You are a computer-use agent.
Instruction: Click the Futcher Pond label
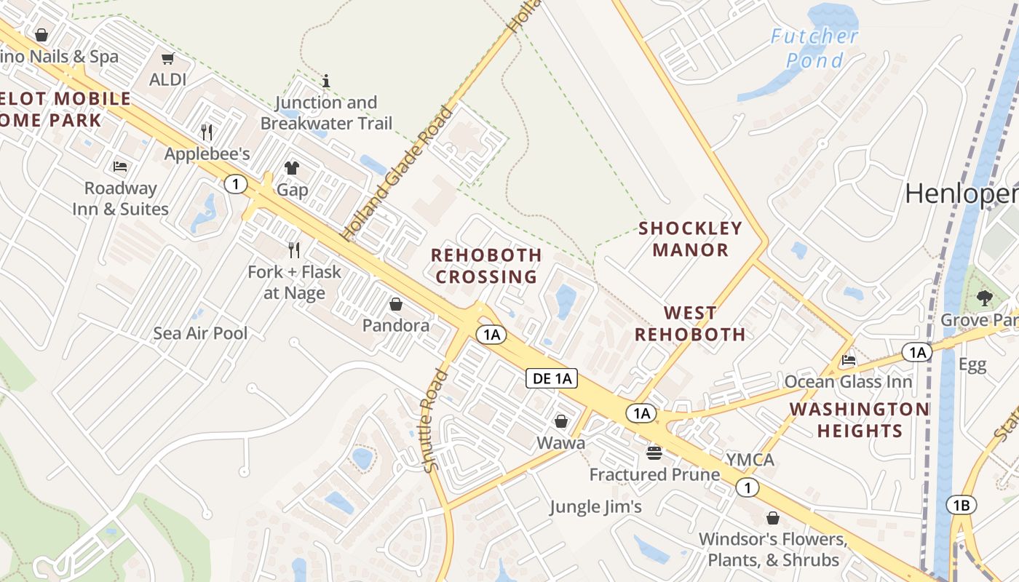click(814, 47)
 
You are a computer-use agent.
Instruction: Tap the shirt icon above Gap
click(292, 168)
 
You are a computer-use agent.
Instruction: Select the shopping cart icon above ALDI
click(168, 58)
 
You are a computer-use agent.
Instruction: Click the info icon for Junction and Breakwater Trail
click(326, 81)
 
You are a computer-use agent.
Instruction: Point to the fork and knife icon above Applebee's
click(207, 132)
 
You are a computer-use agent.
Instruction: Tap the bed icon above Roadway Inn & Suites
click(120, 167)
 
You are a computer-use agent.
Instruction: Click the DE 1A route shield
click(551, 378)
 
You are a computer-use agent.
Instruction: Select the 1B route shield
click(961, 505)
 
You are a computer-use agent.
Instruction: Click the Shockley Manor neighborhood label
click(690, 239)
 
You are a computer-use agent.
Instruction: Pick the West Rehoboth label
click(690, 324)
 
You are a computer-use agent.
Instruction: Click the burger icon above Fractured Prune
click(654, 453)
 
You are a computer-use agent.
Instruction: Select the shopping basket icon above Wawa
click(561, 421)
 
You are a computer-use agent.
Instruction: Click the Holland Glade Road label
click(397, 173)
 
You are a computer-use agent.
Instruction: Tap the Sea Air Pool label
click(200, 333)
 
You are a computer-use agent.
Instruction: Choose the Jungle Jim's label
click(595, 506)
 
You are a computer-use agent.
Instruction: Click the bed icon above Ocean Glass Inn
click(848, 360)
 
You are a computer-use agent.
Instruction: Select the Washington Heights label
click(859, 420)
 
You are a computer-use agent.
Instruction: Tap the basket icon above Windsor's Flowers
click(773, 518)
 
